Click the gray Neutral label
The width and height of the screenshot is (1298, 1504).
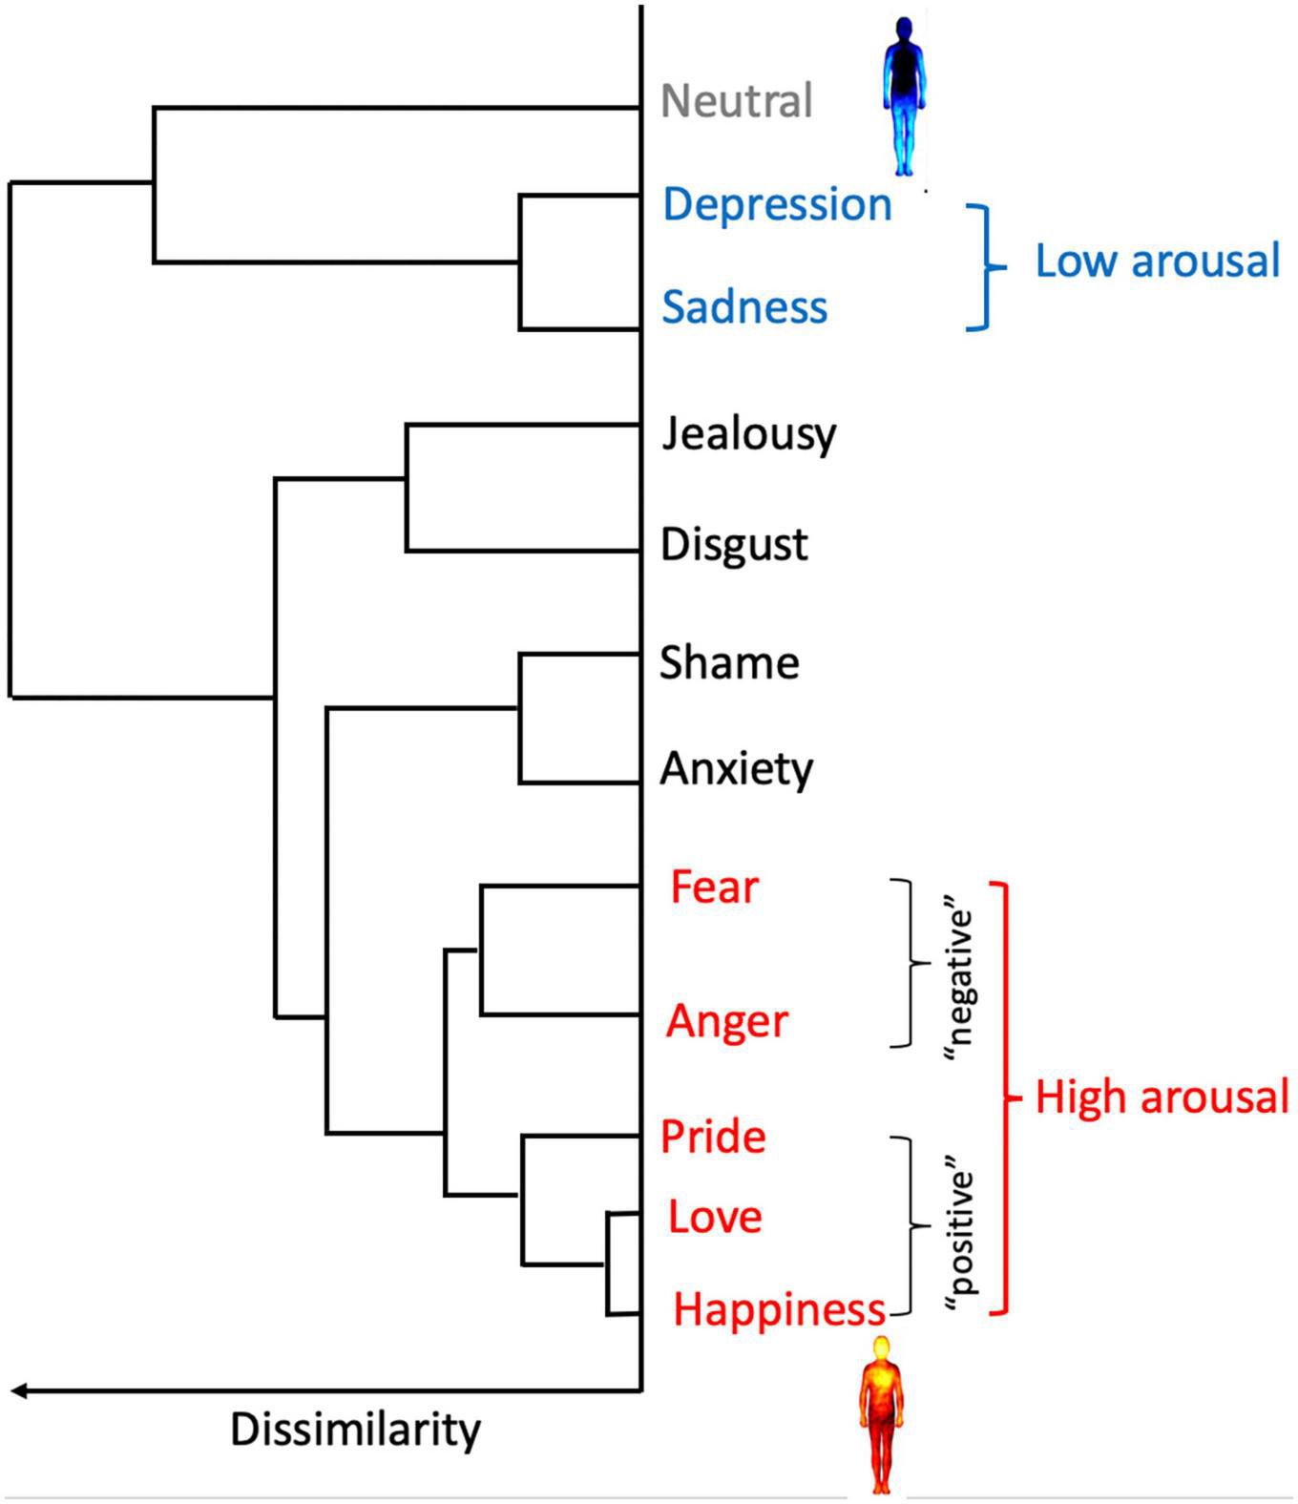tap(736, 101)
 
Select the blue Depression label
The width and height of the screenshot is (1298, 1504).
tap(777, 204)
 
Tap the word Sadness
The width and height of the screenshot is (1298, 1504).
tap(744, 307)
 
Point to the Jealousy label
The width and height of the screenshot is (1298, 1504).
tap(748, 435)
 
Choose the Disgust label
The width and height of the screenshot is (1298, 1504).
tap(734, 545)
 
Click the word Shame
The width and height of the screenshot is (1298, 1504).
tap(729, 663)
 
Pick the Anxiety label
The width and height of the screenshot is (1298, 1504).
tap(736, 769)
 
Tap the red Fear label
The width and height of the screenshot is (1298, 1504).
tap(714, 888)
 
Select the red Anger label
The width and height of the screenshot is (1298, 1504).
tap(727, 1022)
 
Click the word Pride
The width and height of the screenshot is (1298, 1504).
tap(713, 1137)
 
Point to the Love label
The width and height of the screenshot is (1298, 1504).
tap(715, 1217)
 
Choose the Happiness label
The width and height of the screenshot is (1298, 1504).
tap(780, 1309)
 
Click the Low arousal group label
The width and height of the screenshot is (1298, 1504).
tap(1157, 261)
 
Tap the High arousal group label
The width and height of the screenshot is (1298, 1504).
tap(1162, 1097)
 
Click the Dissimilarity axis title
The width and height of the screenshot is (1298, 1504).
tap(355, 1430)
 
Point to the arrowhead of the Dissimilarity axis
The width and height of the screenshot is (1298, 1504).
tap(19, 1391)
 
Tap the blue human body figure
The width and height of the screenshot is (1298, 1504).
tap(903, 95)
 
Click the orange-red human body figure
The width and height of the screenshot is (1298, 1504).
tap(879, 1412)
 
